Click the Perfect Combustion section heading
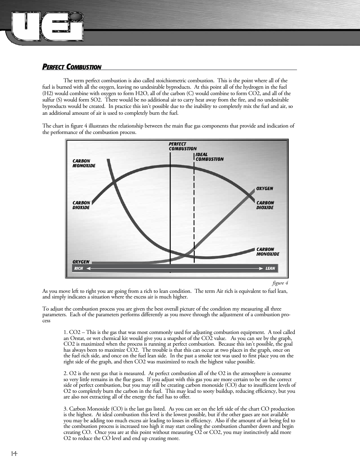(x=72, y=67)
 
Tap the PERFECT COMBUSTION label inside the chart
(x=183, y=146)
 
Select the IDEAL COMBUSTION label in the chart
(x=209, y=157)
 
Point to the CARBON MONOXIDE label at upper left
(x=84, y=163)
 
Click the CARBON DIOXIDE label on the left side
(x=81, y=205)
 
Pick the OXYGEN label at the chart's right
(x=265, y=189)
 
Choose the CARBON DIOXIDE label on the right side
(x=265, y=205)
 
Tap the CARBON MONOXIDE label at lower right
(x=268, y=252)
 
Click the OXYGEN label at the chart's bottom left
(x=81, y=262)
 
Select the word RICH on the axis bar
(x=78, y=269)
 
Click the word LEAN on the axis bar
(x=270, y=269)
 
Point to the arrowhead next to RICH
(x=89, y=269)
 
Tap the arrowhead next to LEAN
(x=261, y=269)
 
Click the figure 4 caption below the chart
(x=280, y=283)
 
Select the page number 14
(x=14, y=453)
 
